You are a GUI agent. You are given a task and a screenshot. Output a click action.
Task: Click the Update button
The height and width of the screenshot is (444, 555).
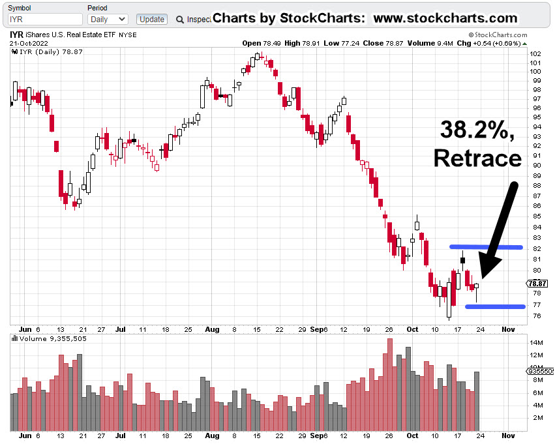(x=152, y=20)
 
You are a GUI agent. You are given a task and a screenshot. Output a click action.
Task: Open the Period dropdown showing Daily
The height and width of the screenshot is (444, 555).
(x=108, y=20)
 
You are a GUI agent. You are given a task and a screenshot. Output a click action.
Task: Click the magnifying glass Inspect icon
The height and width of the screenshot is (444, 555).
(x=180, y=20)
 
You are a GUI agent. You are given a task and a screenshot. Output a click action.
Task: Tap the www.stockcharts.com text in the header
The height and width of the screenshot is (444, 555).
(x=445, y=18)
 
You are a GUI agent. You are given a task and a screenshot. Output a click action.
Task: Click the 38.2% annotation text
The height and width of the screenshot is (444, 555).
(x=477, y=129)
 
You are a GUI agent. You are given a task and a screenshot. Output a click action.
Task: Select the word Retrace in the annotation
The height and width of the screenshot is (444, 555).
(x=477, y=158)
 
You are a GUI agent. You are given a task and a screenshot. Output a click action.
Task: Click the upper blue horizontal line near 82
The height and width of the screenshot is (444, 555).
(x=486, y=247)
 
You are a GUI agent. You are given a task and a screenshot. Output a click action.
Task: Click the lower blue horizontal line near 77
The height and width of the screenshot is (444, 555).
(x=496, y=306)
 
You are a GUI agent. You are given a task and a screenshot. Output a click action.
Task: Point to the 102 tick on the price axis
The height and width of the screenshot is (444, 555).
(x=534, y=53)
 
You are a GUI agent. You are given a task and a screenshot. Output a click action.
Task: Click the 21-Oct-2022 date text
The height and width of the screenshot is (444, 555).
(x=29, y=43)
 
